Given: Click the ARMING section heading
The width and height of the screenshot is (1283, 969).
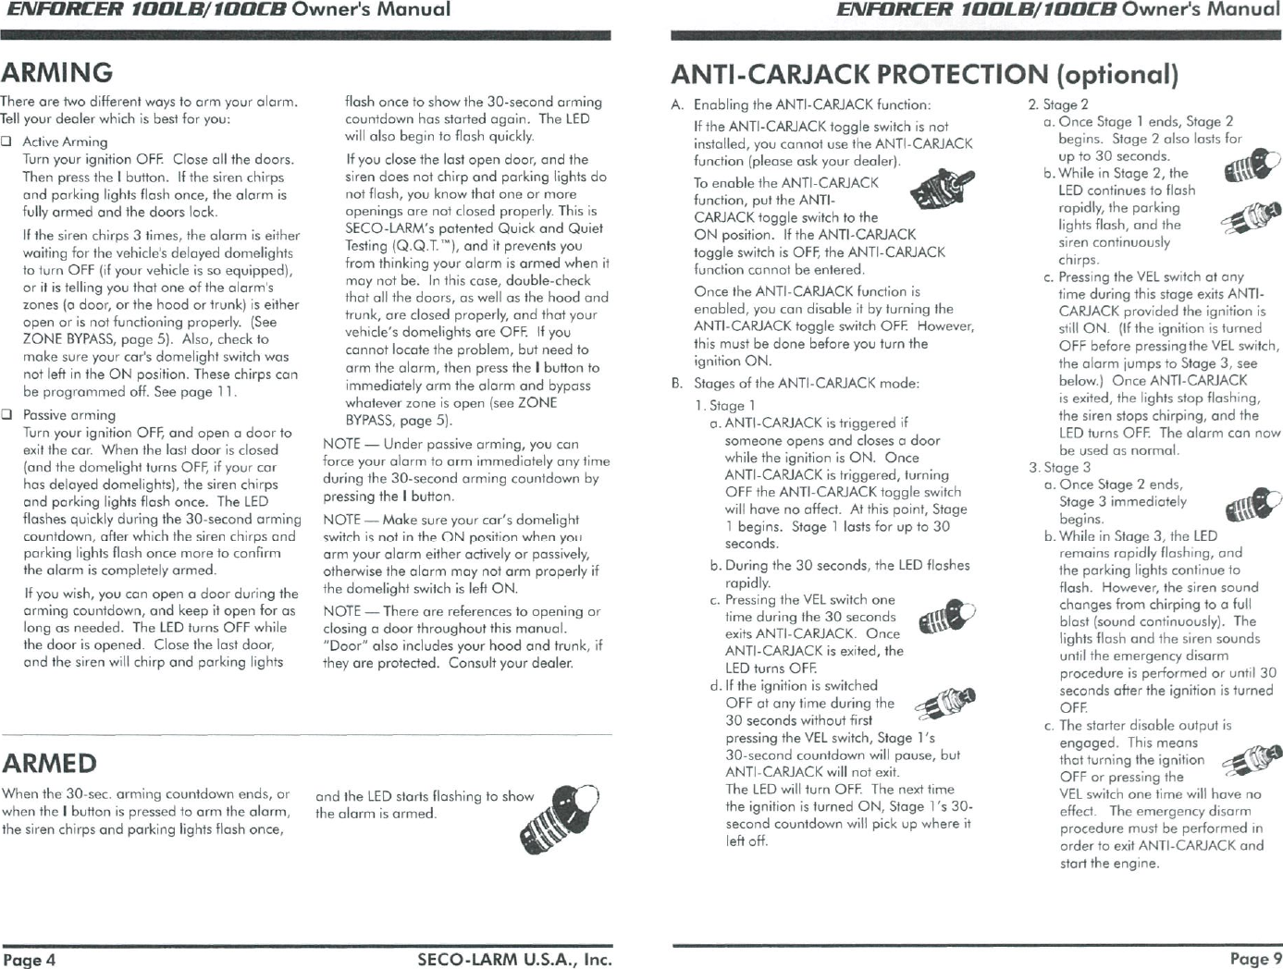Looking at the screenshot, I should pos(57,72).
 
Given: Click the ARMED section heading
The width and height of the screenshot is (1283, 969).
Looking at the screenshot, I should pos(50,763).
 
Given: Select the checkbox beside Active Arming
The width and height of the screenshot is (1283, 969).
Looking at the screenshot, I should pos(6,141).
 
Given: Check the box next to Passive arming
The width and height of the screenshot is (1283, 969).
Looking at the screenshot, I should pos(6,415).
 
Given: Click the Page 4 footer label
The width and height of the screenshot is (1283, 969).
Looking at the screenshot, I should pos(29,960).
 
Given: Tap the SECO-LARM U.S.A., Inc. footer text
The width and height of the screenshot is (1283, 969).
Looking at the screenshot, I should pos(514,960).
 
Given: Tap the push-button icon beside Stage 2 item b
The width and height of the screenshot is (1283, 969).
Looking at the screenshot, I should pos(1251,218).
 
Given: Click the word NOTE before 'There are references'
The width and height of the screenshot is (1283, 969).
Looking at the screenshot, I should pos(341,611).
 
